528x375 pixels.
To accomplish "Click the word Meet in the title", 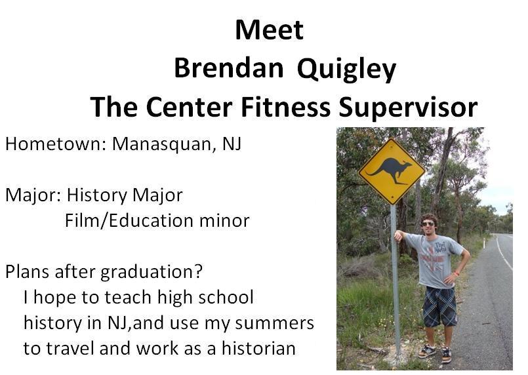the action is pos(270,30).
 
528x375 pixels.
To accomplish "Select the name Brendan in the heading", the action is pos(229,68).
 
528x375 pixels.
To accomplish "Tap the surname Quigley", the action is pos(346,70).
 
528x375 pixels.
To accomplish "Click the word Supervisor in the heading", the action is pos(408,108).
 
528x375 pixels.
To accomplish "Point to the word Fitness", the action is pos(285,107).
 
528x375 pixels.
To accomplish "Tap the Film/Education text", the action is pos(129,221).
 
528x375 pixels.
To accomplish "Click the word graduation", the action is pos(152,272).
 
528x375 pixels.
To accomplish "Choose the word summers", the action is pos(274,323).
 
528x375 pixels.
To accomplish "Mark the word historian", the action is pos(258,348).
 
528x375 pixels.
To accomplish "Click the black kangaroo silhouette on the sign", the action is pos(391,170).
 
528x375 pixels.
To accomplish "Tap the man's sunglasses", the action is pos(428,224).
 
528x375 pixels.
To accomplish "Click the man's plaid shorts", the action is pos(439,306).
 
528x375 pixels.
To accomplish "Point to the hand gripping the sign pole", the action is pos(399,235).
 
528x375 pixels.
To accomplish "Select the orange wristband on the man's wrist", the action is pos(457,273).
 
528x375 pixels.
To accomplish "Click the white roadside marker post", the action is pos(484,243).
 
